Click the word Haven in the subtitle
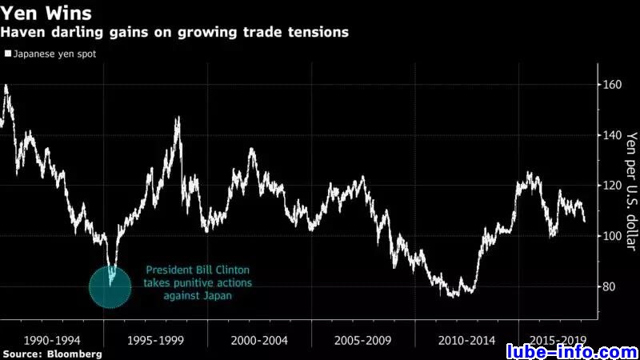tap(23, 33)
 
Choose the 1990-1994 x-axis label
tap(52, 339)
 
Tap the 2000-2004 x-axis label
tap(259, 339)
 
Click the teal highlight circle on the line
tap(110, 286)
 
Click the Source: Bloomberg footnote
tap(52, 353)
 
